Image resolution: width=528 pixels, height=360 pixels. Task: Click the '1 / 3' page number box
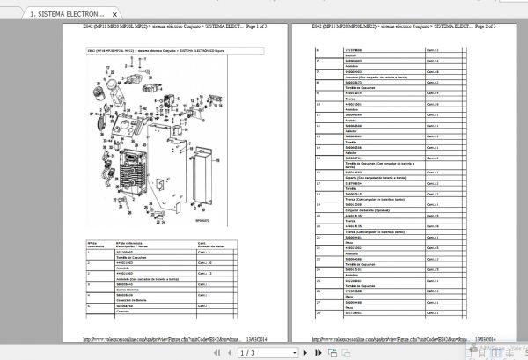251,351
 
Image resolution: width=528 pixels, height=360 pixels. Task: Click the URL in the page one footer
158,336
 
